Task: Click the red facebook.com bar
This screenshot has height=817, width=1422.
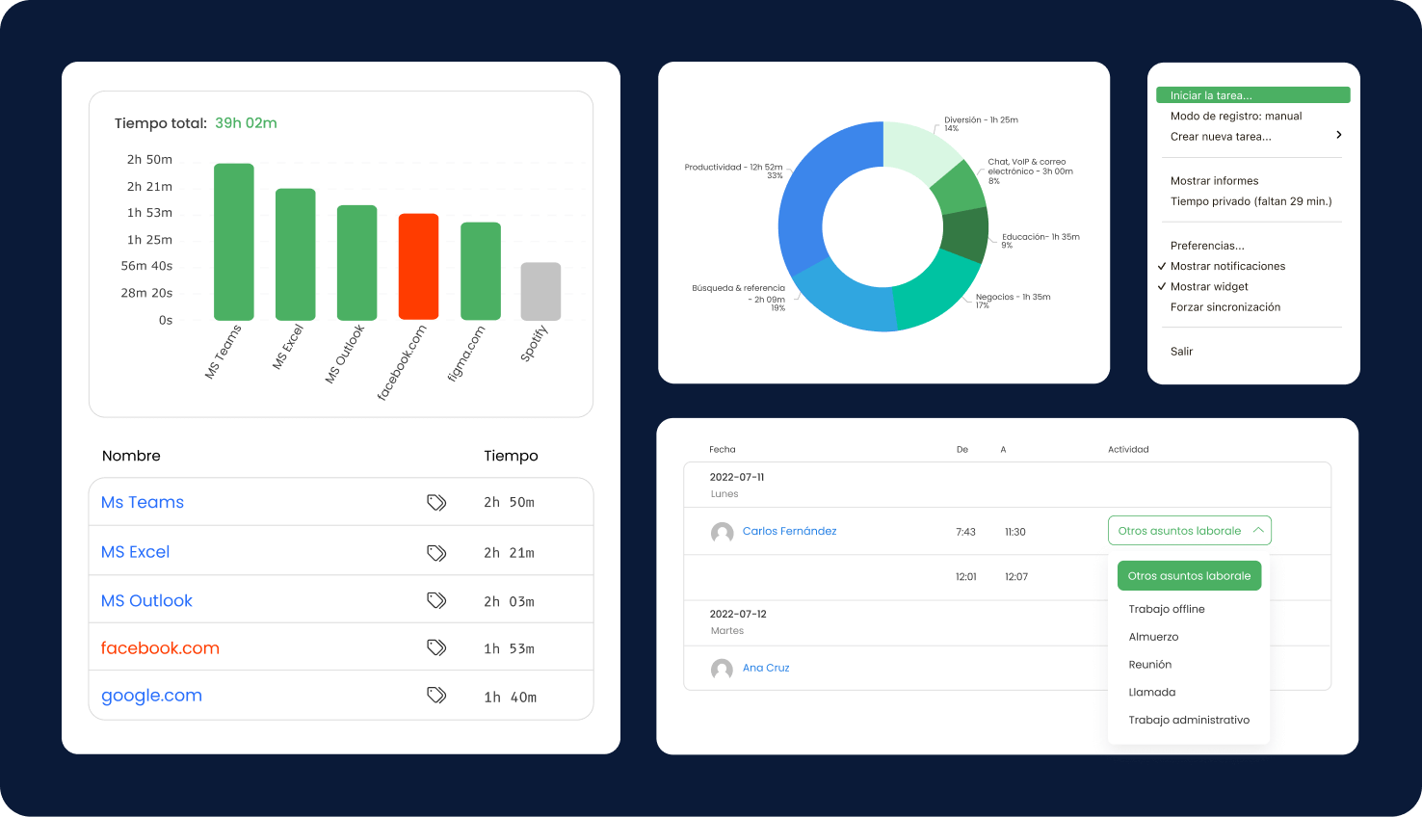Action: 418,266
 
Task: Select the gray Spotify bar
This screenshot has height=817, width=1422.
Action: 540,291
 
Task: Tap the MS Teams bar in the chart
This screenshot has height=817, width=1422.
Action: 234,241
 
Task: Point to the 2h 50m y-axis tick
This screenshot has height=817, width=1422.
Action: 149,160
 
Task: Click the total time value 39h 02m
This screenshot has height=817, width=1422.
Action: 246,123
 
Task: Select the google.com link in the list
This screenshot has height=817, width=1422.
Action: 151,696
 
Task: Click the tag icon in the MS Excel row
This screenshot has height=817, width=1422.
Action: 436,552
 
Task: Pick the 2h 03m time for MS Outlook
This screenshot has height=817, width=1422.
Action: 509,601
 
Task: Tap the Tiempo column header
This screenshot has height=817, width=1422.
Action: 511,456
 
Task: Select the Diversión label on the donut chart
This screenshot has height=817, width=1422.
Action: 981,120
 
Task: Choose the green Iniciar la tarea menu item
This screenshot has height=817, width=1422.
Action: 1252,95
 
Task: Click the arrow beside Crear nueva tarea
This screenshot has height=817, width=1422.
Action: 1338,135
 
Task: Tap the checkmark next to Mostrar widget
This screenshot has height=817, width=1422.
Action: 1162,286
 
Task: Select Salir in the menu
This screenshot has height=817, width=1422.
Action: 1181,352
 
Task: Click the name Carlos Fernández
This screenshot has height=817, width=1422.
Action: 789,531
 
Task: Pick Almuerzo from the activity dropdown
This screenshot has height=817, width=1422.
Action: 1153,637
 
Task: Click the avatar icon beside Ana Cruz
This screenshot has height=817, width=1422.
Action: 722,669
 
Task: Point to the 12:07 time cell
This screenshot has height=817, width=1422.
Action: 1015,577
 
